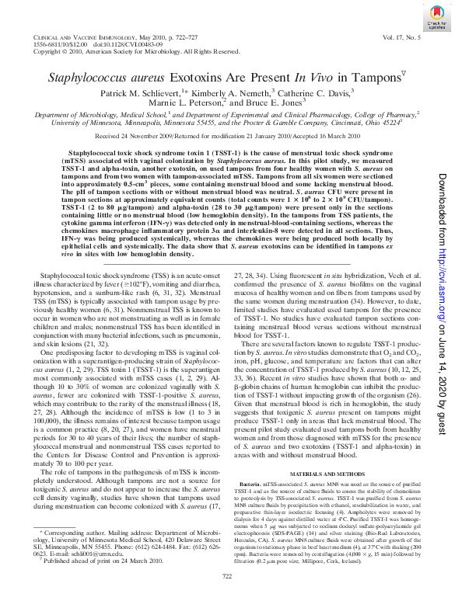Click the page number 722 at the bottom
tap(228, 596)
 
